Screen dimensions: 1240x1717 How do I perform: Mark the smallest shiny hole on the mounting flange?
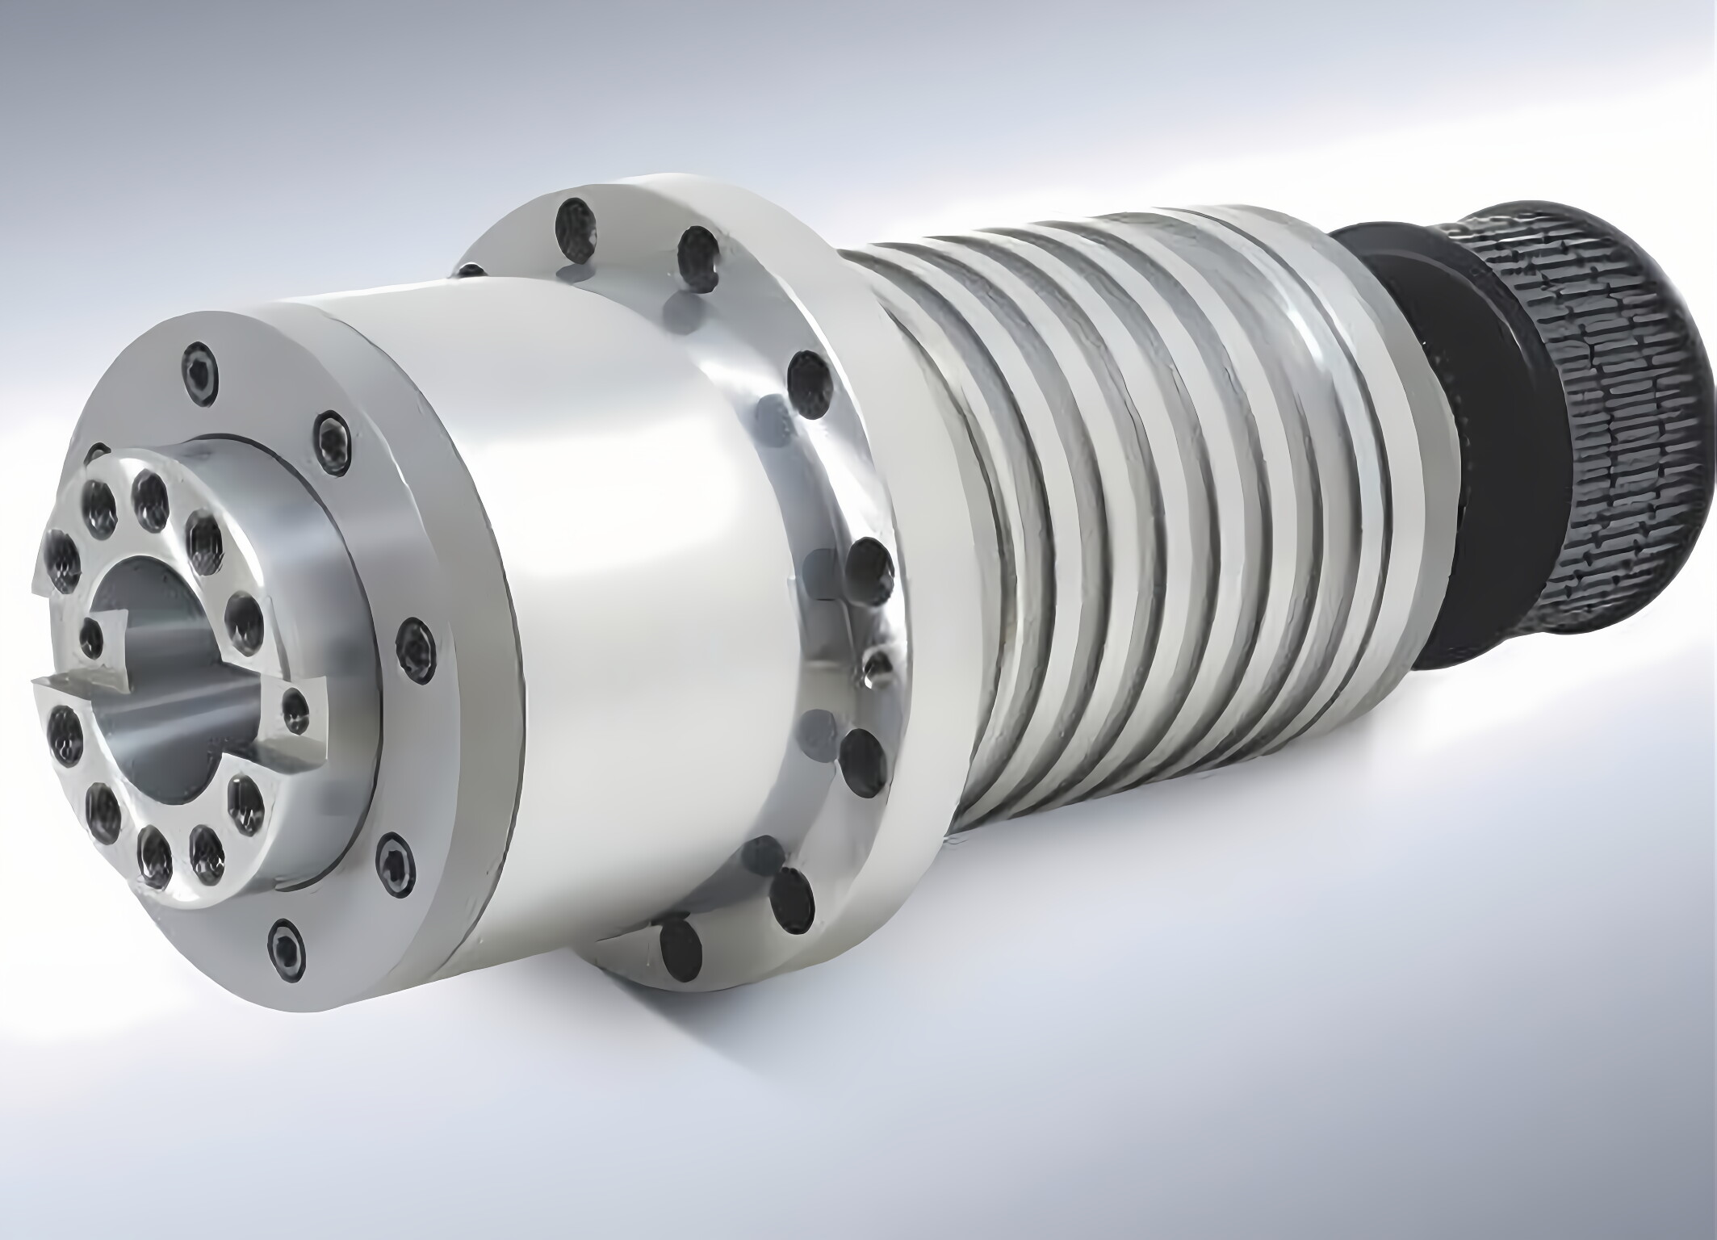[873, 668]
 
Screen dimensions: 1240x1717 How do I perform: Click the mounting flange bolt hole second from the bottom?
[791, 898]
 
